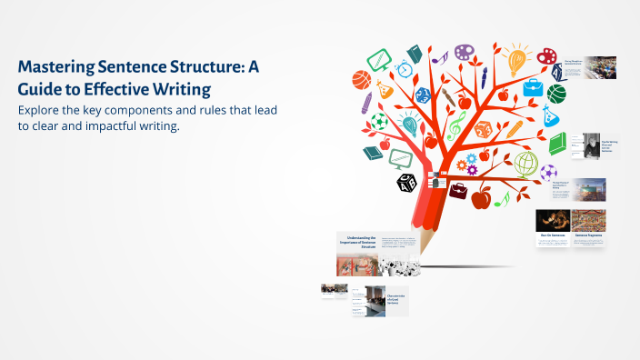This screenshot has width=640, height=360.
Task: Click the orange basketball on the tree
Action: point(361,79)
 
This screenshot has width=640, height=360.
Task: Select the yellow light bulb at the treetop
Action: point(518,60)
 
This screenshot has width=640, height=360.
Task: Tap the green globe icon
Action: point(525,164)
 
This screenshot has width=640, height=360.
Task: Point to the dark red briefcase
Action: point(457,193)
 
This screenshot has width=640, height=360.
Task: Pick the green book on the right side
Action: point(558,143)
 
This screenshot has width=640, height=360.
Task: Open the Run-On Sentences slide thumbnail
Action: point(553,222)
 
